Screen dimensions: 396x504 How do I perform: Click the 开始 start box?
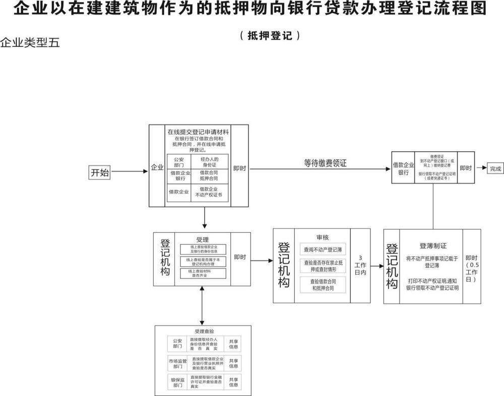pyautogui.click(x=100, y=172)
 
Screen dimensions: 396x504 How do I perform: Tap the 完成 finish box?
pyautogui.click(x=495, y=169)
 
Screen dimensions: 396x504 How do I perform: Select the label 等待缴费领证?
pyautogui.click(x=325, y=163)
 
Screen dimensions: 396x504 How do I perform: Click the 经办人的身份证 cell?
pyautogui.click(x=209, y=162)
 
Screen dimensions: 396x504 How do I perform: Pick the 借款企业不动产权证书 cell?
pyautogui.click(x=209, y=192)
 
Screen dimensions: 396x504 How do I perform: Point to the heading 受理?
pyautogui.click(x=202, y=240)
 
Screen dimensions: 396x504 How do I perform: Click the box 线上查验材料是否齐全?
pyautogui.click(x=203, y=274)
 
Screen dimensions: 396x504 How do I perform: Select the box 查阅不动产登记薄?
pyautogui.click(x=323, y=249)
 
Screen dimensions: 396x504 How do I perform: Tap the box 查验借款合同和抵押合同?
pyautogui.click(x=323, y=285)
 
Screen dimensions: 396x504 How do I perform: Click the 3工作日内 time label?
pyautogui.click(x=360, y=265)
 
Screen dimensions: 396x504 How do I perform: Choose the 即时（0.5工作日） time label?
pyautogui.click(x=472, y=267)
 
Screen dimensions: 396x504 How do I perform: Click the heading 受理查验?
pyautogui.click(x=204, y=332)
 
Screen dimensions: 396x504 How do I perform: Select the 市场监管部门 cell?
pyautogui.click(x=177, y=363)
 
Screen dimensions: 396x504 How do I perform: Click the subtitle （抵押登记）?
pyautogui.click(x=270, y=36)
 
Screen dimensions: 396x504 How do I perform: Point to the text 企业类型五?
pyautogui.click(x=30, y=43)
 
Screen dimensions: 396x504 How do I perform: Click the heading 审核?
pyautogui.click(x=323, y=237)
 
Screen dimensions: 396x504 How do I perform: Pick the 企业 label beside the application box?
pyautogui.click(x=157, y=168)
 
